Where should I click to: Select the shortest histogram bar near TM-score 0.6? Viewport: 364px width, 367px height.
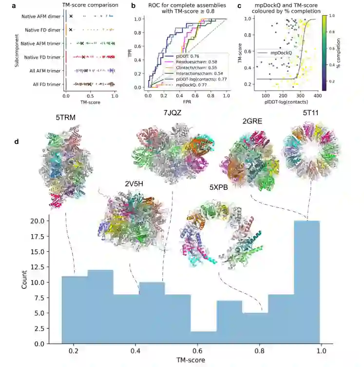click(x=204, y=337)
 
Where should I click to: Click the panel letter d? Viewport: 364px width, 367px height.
click(x=18, y=142)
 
